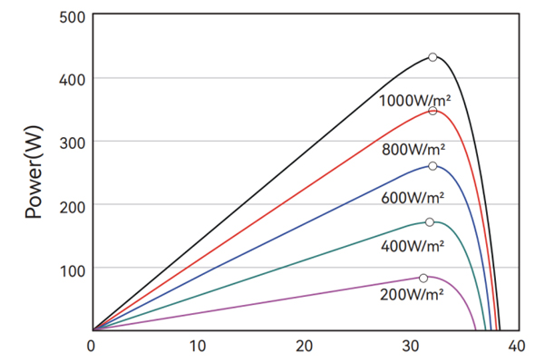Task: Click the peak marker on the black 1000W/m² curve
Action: click(x=432, y=57)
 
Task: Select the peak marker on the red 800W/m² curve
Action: click(x=432, y=111)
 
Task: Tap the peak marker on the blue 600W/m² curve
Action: click(x=432, y=166)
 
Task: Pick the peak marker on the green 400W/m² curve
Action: click(x=430, y=222)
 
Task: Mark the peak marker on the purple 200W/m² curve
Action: click(x=423, y=278)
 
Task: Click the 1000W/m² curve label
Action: click(x=415, y=100)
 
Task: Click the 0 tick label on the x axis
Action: click(x=92, y=346)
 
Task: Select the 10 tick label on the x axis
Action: click(x=198, y=346)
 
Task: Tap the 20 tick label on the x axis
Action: click(x=304, y=346)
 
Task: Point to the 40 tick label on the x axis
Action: click(x=516, y=346)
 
